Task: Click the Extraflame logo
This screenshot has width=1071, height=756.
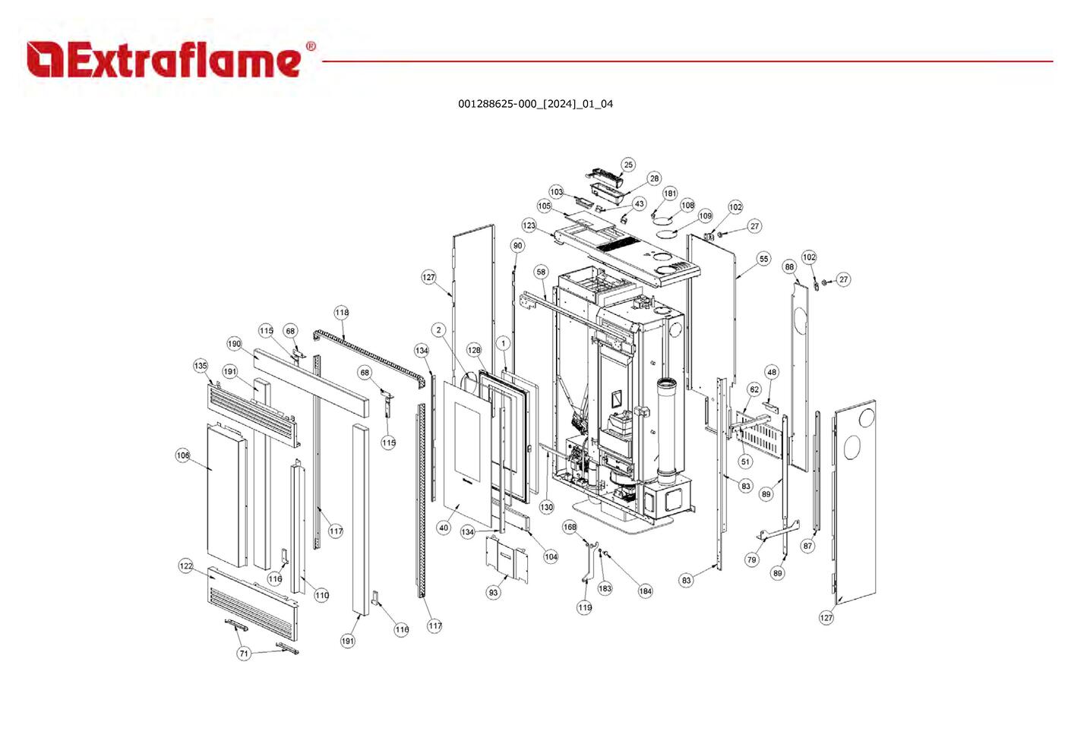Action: click(163, 60)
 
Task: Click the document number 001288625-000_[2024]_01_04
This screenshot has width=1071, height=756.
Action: click(535, 104)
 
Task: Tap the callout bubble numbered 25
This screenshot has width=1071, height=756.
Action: click(627, 165)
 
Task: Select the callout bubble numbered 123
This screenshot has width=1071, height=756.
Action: click(529, 225)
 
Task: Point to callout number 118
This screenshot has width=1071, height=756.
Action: click(342, 313)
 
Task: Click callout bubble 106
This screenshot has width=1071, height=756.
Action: click(183, 455)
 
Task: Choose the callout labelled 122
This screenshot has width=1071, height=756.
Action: click(186, 566)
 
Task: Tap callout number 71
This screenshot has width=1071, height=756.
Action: click(244, 654)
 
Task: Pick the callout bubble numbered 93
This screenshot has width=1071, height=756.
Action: click(494, 592)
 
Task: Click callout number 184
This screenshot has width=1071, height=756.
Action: click(645, 591)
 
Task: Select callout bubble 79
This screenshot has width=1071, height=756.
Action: click(751, 560)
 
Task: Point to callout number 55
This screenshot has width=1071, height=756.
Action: click(763, 259)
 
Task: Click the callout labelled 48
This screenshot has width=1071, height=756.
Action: click(772, 372)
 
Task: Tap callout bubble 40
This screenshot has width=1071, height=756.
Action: click(444, 528)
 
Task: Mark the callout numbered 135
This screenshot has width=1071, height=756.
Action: click(201, 366)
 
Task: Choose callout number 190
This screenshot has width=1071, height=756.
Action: click(235, 344)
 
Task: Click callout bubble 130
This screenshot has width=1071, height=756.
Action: click(547, 507)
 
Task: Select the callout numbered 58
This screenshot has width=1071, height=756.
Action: click(541, 272)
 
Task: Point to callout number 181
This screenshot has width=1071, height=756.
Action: click(670, 194)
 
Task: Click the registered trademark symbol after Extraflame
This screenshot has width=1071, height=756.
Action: click(311, 46)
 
